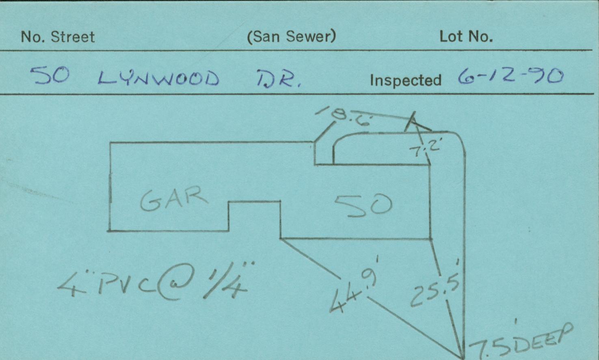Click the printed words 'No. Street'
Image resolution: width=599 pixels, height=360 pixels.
point(58,37)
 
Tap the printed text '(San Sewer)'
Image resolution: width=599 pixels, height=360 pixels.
point(292,37)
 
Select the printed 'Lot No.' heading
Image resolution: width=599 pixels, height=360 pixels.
point(466,37)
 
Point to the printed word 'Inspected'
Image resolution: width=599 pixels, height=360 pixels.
point(405,80)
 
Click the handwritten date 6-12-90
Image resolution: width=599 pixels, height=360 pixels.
point(510,76)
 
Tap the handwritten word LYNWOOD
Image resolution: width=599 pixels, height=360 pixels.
point(158,78)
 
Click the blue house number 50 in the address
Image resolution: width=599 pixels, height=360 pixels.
point(51,75)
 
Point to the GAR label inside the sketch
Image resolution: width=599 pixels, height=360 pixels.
point(174,199)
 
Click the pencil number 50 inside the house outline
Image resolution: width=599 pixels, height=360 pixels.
point(363,205)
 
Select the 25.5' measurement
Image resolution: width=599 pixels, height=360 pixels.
point(435,290)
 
